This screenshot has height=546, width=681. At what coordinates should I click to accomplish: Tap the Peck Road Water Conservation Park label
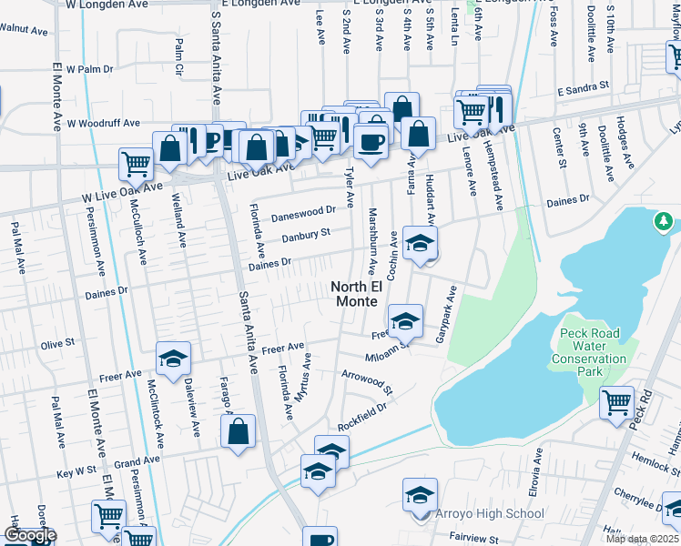pos(590,352)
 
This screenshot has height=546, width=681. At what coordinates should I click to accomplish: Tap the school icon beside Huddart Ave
pos(420,243)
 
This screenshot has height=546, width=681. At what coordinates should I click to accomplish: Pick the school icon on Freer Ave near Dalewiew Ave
pos(172,358)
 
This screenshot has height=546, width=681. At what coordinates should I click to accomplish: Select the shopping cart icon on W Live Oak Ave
pos(136,165)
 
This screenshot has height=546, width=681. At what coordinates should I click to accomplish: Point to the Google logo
pos(29,535)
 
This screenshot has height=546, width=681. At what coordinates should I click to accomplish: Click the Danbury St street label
pos(303,234)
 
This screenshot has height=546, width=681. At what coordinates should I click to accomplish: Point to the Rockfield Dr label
pos(361,415)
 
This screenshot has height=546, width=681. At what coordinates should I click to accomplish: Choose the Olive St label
pos(56,345)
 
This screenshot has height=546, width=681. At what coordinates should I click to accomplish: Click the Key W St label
pos(76,473)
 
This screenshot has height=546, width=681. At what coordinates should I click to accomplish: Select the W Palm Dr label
pos(108,68)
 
